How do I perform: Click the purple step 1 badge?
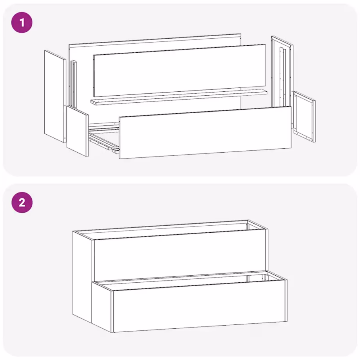22,22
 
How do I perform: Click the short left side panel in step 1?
77,131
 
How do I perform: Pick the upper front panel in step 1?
180,70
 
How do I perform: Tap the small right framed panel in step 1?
304,116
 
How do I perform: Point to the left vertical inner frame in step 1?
73,84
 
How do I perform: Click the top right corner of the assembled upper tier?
267,229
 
